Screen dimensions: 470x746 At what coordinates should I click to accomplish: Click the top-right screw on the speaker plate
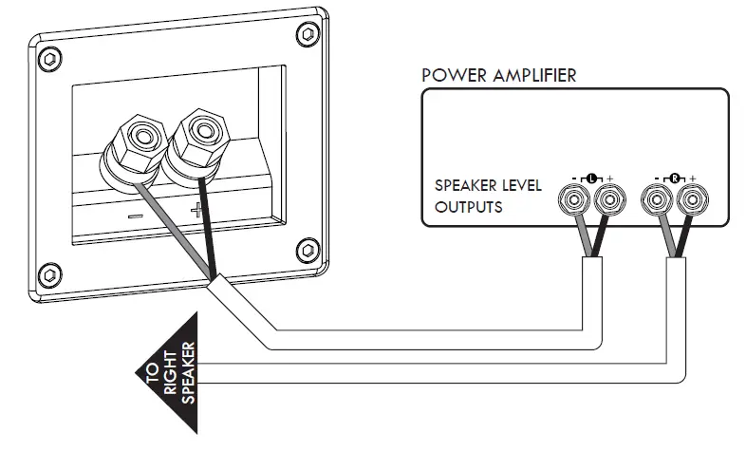point(306,35)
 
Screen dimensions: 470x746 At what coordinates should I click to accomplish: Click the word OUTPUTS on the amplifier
point(469,206)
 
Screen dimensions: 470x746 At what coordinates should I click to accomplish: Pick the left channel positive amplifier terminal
point(607,200)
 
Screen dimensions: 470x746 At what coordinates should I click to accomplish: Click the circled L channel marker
point(592,178)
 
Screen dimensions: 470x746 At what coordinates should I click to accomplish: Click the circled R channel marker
point(675,178)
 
